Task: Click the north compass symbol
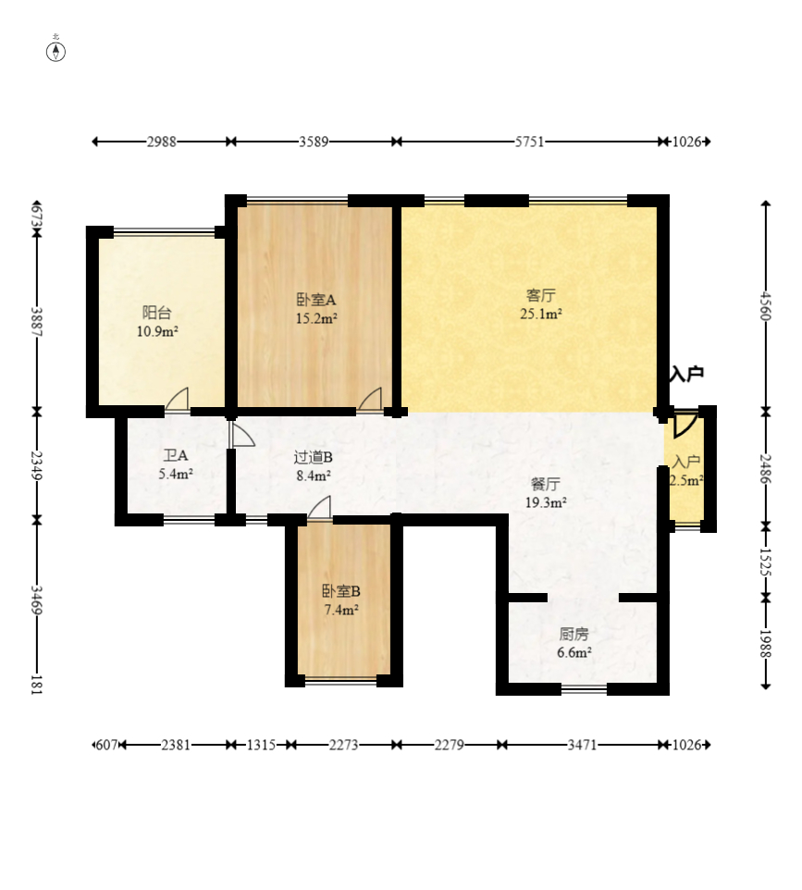[56, 51]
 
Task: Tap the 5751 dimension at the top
[529, 142]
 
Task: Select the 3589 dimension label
[314, 142]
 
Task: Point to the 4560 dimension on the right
[766, 305]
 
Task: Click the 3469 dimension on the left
[36, 600]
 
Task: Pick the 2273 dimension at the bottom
[343, 745]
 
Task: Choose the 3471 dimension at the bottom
[583, 745]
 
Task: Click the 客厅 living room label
[541, 295]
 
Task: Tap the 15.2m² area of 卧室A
[316, 318]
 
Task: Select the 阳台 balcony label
[157, 313]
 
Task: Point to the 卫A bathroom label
[176, 455]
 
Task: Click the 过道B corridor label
[314, 457]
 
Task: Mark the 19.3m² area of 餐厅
[546, 502]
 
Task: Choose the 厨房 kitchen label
[574, 634]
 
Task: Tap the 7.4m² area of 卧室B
[341, 611]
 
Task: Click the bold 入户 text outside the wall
[686, 374]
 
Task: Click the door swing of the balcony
[177, 399]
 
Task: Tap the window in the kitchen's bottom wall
[584, 689]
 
